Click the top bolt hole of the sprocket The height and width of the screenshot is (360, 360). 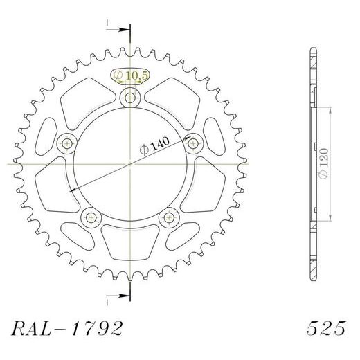pyautogui.click(x=129, y=97)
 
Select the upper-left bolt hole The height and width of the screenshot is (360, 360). pyautogui.click(x=66, y=143)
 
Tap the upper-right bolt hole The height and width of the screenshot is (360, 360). pyautogui.click(x=193, y=143)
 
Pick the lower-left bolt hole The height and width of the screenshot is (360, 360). pyautogui.click(x=91, y=218)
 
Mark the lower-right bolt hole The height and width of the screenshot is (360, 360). pyautogui.click(x=169, y=218)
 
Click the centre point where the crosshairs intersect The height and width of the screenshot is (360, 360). pyautogui.click(x=129, y=164)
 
